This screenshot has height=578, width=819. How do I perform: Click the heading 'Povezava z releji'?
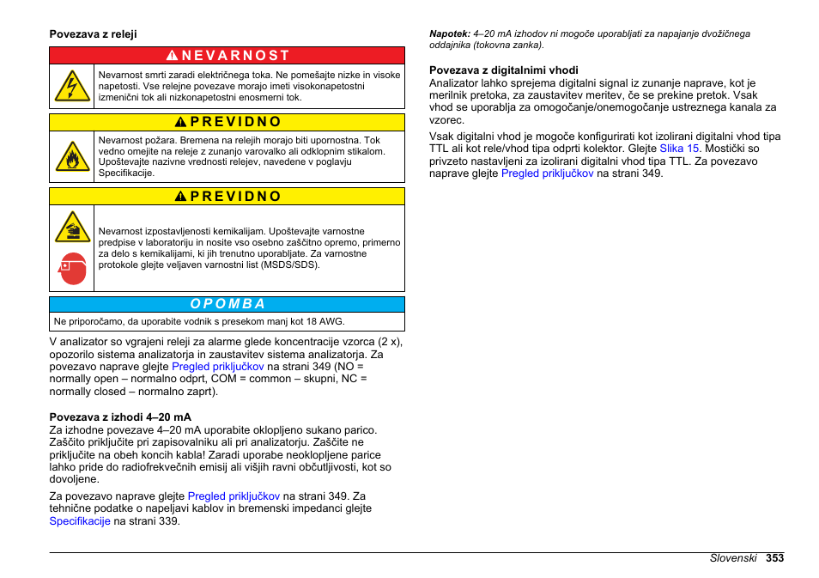click(93, 34)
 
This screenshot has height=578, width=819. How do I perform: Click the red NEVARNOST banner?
click(227, 56)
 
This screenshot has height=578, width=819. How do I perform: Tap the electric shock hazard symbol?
click(72, 87)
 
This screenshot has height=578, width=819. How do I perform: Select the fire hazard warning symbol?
click(72, 156)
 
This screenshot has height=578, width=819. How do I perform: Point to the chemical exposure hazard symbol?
click(72, 227)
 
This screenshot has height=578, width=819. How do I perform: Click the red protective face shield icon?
click(73, 269)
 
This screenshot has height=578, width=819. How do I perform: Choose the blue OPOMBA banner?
click(227, 304)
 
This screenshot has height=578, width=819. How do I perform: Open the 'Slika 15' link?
click(679, 149)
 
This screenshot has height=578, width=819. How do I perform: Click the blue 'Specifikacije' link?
click(80, 521)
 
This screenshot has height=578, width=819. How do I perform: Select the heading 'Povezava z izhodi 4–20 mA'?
click(120, 417)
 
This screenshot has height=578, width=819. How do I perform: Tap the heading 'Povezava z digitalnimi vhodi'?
click(504, 70)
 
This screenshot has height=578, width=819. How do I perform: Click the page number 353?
click(775, 558)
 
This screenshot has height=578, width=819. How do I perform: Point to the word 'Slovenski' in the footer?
click(733, 558)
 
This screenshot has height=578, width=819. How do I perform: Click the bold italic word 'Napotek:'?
click(449, 34)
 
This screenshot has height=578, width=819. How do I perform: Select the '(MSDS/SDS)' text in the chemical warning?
click(291, 265)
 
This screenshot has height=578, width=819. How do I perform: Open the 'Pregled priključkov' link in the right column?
click(547, 173)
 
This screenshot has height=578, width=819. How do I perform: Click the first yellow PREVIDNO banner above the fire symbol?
click(227, 122)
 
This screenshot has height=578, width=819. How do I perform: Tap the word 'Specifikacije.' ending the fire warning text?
click(126, 173)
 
